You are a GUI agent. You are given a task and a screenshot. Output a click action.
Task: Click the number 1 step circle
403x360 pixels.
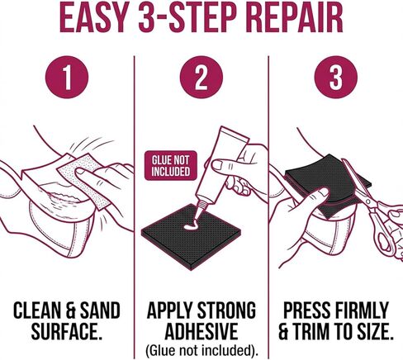(x=67, y=77)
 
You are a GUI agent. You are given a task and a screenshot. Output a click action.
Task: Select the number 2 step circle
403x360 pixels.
(x=201, y=77)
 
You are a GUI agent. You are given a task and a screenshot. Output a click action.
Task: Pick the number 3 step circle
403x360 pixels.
(x=336, y=77)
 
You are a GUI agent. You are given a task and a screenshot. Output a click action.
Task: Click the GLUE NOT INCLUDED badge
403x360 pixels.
(x=171, y=165)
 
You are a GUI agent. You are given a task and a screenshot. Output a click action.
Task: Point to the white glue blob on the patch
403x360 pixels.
(x=191, y=226)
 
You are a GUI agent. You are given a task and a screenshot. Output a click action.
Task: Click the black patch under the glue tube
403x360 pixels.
(x=191, y=237)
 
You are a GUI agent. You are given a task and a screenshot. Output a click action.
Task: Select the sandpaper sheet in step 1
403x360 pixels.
(x=85, y=179)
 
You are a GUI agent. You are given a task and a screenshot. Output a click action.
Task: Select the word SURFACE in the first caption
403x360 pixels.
(x=65, y=331)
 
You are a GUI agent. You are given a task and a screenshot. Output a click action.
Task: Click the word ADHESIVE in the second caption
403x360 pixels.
(x=201, y=331)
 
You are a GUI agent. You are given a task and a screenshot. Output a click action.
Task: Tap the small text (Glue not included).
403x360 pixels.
(x=201, y=350)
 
